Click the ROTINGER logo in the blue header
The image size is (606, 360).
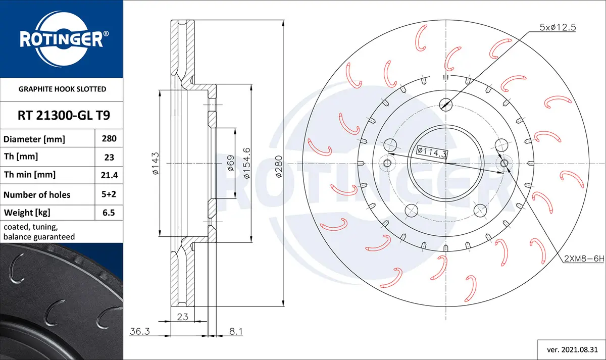pos(62,39)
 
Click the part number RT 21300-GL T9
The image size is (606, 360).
pos(64,115)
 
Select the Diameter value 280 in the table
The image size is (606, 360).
pos(109,138)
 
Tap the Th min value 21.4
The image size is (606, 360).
pos(109,175)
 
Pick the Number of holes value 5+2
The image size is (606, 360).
pos(109,194)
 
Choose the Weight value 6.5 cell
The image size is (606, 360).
pos(109,213)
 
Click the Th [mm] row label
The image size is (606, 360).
pos(21,157)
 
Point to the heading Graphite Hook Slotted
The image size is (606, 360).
pos(62,89)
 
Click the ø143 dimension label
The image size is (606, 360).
pos(156,164)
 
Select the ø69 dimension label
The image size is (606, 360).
pos(230,163)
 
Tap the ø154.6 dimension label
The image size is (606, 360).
pos(247,163)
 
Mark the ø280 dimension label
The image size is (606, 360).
pos(279,167)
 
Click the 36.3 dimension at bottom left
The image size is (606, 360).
pos(140,331)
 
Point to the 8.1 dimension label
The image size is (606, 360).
pos(236,331)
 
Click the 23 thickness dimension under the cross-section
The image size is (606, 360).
pos(183,317)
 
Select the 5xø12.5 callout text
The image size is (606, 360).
pos(558,27)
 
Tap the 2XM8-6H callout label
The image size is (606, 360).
pos(584,259)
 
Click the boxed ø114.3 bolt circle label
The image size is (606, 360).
pos(432,152)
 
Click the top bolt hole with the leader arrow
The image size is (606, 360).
pos(446,105)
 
